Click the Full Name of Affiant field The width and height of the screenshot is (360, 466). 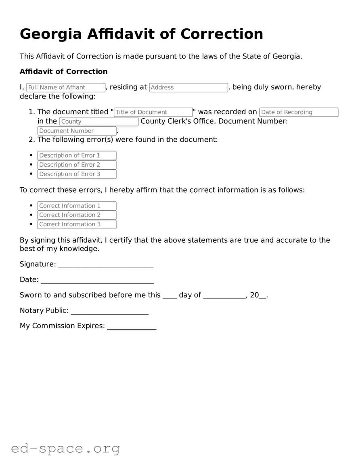click(66, 88)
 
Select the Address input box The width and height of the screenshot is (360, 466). click(188, 88)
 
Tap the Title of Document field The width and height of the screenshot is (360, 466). click(153, 112)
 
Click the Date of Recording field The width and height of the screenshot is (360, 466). click(299, 112)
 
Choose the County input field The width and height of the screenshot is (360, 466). click(99, 122)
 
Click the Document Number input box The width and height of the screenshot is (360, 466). click(77, 131)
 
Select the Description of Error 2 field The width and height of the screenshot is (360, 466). click(77, 165)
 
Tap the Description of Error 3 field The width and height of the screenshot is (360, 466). click(77, 174)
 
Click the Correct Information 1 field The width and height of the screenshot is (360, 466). click(77, 206)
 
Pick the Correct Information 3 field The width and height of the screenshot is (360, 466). click(77, 225)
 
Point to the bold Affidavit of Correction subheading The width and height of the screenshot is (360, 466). click(64, 71)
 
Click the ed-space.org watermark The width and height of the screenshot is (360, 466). click(65, 448)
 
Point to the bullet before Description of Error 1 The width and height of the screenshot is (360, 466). click(31, 155)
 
